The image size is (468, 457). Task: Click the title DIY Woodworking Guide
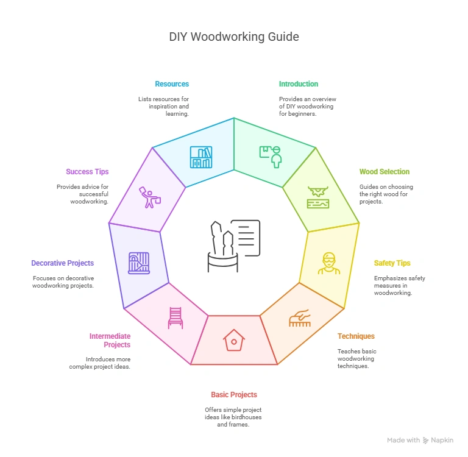pyautogui.click(x=234, y=37)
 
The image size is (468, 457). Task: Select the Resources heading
pyautogui.click(x=172, y=84)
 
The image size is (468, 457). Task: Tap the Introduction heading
pyautogui.click(x=299, y=84)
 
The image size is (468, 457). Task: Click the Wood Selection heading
pyautogui.click(x=385, y=172)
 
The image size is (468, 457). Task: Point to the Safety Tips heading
pyautogui.click(x=392, y=263)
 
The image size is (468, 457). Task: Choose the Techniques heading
pyautogui.click(x=356, y=336)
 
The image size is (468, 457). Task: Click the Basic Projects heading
pyautogui.click(x=234, y=395)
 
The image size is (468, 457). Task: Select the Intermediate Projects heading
pyautogui.click(x=110, y=340)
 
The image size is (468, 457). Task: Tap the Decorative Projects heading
pyautogui.click(x=63, y=263)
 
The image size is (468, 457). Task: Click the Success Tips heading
pyautogui.click(x=88, y=172)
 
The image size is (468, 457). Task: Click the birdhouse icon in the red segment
pyautogui.click(x=233, y=340)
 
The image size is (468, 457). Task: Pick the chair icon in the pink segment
pyautogui.click(x=175, y=317)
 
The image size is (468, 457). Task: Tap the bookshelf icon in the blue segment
pyautogui.click(x=201, y=157)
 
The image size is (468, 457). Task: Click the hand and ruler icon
pyautogui.click(x=300, y=318)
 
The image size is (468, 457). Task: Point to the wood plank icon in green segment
pyautogui.click(x=318, y=197)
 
